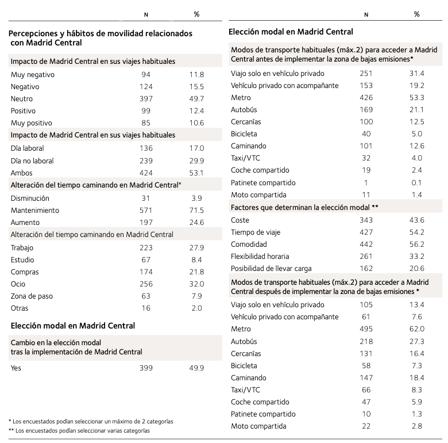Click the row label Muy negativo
[x=32, y=74]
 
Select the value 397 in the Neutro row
[x=146, y=98]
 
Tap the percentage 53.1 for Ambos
[x=197, y=173]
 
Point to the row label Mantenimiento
[x=34, y=210]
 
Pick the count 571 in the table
[x=146, y=210]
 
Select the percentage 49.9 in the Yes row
[x=197, y=368]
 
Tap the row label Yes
[x=16, y=368]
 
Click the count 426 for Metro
[x=366, y=98]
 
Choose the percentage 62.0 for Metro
[x=417, y=329]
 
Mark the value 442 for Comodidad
[x=366, y=244]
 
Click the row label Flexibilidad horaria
[x=260, y=256]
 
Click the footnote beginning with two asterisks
[x=79, y=430]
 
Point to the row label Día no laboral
[x=32, y=161]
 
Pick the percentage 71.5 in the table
[x=197, y=210]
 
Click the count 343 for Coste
[x=366, y=220]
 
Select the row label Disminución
[x=29, y=198]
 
